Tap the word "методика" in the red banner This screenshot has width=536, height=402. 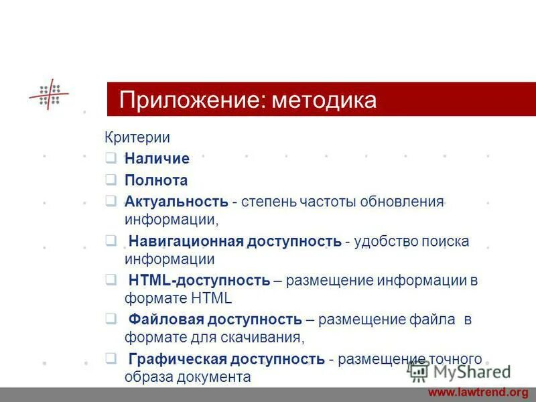coord(326,100)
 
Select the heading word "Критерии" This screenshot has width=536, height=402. coord(137,137)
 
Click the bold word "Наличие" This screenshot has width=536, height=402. coord(157,159)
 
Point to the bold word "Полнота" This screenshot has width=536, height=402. coord(155,180)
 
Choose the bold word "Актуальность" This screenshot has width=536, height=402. coord(176,202)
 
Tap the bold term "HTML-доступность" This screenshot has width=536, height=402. coord(199,280)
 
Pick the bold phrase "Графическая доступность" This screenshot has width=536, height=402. coord(226,359)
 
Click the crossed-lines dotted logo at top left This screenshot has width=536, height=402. coord(49,94)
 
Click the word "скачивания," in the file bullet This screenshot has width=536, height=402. coord(265,337)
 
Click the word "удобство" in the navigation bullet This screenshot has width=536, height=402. coord(385,241)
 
